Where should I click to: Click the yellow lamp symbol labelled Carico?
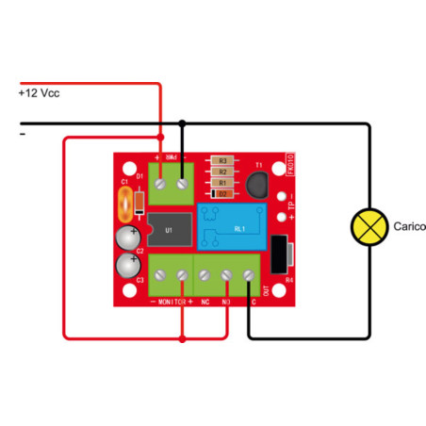coord(369,226)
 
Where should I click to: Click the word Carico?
coord(410,226)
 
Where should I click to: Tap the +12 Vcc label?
coord(39,94)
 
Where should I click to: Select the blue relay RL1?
coord(236,228)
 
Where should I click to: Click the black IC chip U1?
coord(170,228)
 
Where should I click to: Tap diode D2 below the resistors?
coord(221,194)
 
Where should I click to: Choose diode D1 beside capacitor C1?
coord(139,200)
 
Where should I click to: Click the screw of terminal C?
coord(249,275)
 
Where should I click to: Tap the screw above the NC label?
coord(205,275)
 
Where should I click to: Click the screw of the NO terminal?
coord(227,275)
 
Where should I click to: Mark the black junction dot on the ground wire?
coord(183,123)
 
